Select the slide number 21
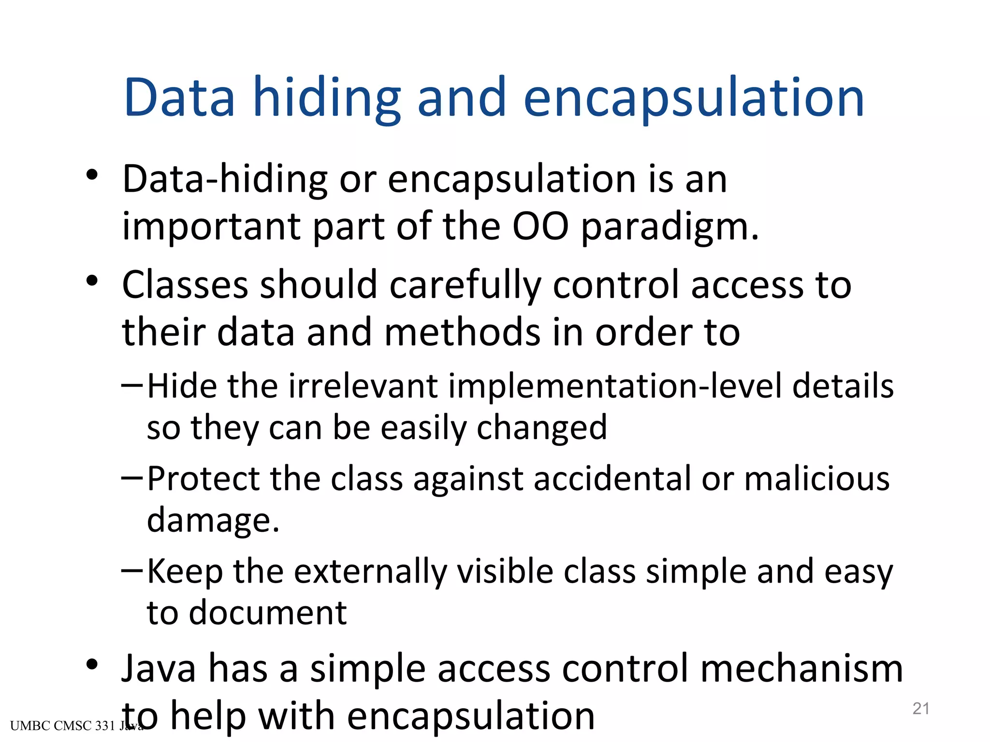(x=921, y=708)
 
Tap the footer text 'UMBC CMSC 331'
(x=63, y=726)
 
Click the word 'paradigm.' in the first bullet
(x=670, y=227)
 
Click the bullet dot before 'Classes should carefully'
(x=92, y=281)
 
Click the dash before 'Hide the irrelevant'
(x=131, y=385)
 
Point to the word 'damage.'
(x=213, y=521)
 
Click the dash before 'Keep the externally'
(x=131, y=570)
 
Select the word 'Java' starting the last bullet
(x=159, y=669)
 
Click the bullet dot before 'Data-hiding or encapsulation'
(x=92, y=175)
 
